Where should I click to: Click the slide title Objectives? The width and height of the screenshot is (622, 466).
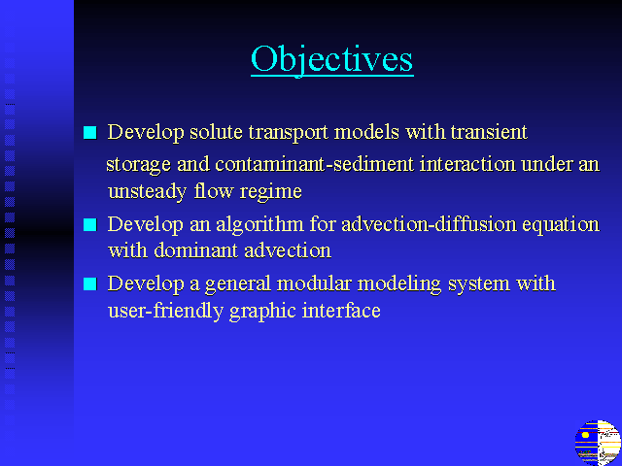[332, 59]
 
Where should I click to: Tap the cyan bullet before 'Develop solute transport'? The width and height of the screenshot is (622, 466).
[90, 132]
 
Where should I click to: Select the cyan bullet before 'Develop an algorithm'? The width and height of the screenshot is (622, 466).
[90, 224]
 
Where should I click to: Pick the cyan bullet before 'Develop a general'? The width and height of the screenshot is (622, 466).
[90, 283]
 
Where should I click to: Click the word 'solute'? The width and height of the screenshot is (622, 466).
[216, 132]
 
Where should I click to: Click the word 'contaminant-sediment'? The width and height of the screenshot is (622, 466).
[315, 164]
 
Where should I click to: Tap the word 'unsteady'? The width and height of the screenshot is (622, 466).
[147, 192]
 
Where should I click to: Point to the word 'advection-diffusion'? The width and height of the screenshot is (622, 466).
[430, 224]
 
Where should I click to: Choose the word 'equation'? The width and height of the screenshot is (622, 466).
[561, 225]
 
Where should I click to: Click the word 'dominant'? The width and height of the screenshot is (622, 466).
[196, 250]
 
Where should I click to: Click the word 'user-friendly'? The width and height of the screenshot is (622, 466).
[165, 311]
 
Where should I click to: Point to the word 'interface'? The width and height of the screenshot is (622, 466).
[341, 310]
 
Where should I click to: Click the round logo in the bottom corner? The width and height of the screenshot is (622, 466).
[598, 443]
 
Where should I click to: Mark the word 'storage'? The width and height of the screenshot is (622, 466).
[138, 164]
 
